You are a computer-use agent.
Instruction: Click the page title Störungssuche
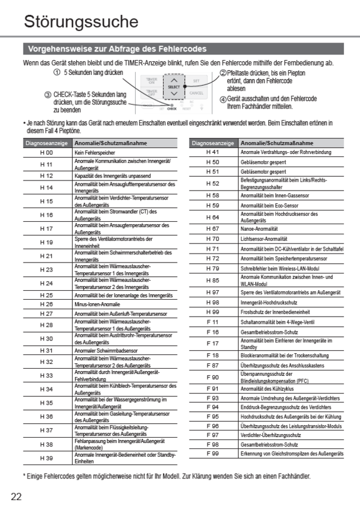tap(81, 22)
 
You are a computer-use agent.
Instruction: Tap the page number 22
tap(16, 496)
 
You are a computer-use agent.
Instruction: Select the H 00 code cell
tap(46, 153)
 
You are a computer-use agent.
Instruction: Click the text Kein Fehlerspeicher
tap(95, 153)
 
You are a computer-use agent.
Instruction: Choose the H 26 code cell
tap(46, 304)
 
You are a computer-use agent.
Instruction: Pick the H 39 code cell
tap(46, 457)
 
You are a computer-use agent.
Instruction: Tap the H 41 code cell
tap(212, 152)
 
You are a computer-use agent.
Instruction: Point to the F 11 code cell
tap(212, 321)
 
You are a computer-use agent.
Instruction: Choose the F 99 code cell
tap(212, 454)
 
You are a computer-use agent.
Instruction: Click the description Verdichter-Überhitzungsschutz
tap(268, 435)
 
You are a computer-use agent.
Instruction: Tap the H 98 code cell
tap(212, 302)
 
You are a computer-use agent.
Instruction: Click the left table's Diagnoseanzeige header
tap(46, 144)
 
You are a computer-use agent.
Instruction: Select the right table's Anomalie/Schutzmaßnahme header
tap(277, 143)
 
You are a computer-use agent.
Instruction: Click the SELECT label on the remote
tap(173, 87)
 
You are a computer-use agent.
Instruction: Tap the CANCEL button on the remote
tap(196, 93)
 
